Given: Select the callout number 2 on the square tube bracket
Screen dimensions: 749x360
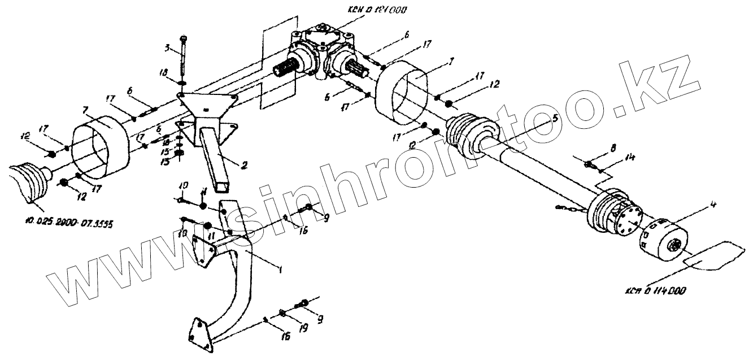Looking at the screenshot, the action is [243, 166].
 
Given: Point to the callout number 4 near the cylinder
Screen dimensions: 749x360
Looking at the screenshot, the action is [715, 203].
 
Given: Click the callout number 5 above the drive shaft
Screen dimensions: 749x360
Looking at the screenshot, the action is [556, 120].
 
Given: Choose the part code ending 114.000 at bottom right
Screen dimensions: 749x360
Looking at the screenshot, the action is [655, 291].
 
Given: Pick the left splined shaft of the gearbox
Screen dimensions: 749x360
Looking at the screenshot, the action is [287, 71].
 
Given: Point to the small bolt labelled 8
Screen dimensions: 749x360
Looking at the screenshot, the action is [589, 164].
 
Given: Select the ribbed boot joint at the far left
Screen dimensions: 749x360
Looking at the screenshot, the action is [28, 182].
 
